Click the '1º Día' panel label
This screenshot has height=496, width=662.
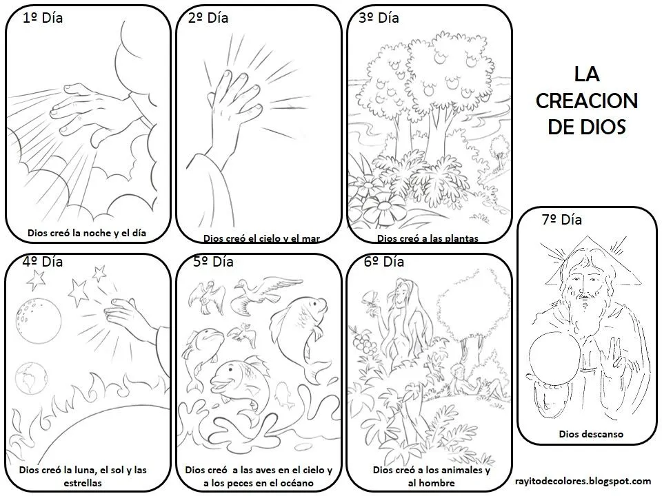click(43, 19)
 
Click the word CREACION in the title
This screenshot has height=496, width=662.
click(586, 101)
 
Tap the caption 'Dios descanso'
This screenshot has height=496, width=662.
click(591, 434)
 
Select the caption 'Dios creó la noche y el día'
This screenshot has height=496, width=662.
click(87, 233)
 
